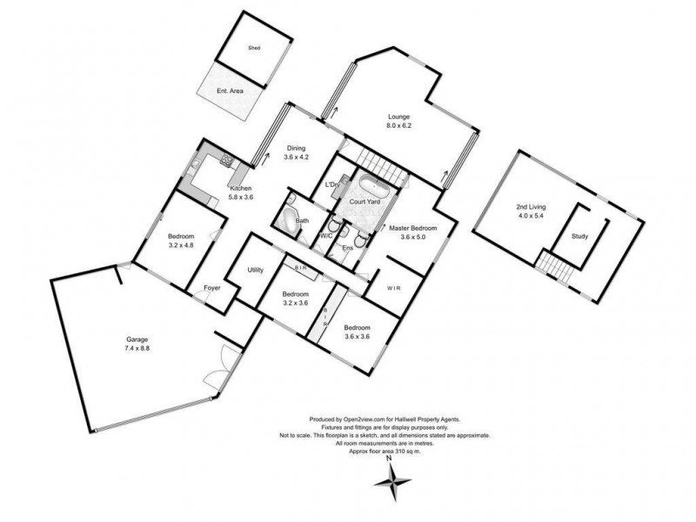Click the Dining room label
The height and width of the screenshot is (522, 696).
[297, 148]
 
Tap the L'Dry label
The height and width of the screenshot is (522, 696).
[331, 184]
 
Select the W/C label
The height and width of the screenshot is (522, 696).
[327, 236]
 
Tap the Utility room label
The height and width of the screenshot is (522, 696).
[256, 271]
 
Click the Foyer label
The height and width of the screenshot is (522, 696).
[211, 288]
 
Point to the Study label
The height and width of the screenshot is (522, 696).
[579, 236]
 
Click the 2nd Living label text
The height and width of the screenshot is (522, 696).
[528, 206]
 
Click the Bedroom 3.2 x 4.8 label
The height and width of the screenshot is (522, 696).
[181, 237]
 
